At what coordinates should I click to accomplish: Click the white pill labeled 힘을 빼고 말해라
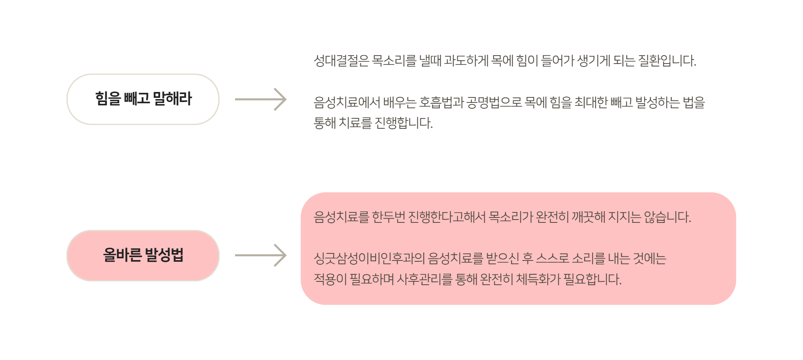pyautogui.click(x=143, y=99)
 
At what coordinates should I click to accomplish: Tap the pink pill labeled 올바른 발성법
pyautogui.click(x=143, y=255)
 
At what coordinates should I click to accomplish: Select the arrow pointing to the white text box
pyautogui.click(x=261, y=100)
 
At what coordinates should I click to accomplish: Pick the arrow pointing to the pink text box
pyautogui.click(x=261, y=255)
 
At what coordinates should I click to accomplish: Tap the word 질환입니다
pyautogui.click(x=667, y=61)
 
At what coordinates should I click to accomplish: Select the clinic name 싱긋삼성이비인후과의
pyautogui.click(x=369, y=259)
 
